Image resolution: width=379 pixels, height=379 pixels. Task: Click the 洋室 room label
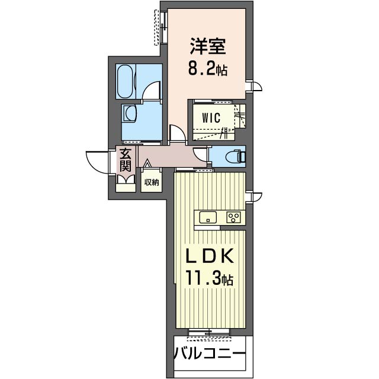click(x=208, y=46)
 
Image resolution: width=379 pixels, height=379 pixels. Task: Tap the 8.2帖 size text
click(x=208, y=70)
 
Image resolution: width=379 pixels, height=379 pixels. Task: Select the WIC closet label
click(x=211, y=118)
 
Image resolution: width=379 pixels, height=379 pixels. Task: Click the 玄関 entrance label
click(x=126, y=160)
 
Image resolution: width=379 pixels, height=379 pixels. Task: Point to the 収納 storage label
click(x=152, y=182)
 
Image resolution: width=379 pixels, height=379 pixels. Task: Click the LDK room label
click(x=209, y=256)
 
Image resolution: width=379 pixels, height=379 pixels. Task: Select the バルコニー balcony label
click(x=210, y=354)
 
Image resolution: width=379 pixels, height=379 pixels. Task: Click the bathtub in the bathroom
click(x=126, y=81)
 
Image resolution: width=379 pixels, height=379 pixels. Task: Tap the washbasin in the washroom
click(x=130, y=113)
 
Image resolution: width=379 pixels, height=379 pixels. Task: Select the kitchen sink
click(x=208, y=217)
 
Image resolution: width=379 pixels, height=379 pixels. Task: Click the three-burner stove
click(x=233, y=217)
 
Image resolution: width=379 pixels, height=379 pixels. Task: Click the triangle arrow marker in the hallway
click(x=147, y=164)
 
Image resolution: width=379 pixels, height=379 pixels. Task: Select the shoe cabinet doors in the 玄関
click(x=126, y=179)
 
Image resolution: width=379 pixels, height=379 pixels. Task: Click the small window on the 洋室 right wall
click(x=254, y=86)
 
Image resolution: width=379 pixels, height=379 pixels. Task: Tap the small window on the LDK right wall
click(x=254, y=197)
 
